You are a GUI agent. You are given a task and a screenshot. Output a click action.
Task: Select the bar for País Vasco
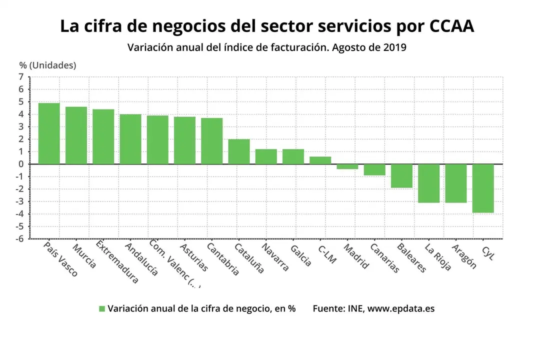coord(49,133)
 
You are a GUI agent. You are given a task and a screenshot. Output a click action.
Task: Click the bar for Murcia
coord(76,135)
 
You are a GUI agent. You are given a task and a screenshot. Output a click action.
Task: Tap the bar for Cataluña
coord(239,151)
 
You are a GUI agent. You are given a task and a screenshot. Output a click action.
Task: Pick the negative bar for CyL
coord(483,188)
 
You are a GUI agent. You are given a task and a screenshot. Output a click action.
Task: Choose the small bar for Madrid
coord(347,166)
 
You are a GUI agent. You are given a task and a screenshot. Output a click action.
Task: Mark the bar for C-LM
coord(320,160)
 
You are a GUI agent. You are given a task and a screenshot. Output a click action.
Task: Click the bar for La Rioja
coord(428,183)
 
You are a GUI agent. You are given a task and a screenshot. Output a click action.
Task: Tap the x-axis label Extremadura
coord(117,262)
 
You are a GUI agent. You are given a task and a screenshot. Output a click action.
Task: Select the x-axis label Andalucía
coord(141,259)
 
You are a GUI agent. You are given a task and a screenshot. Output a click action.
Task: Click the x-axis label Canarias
coord(385,258)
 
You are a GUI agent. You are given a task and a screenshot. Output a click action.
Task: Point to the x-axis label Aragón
coord(464,256)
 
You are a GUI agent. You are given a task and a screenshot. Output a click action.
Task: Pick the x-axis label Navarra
coord(275,257)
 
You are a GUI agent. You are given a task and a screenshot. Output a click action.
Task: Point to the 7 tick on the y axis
coord(21,77)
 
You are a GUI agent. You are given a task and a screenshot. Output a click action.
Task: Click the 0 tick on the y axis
coord(21,164)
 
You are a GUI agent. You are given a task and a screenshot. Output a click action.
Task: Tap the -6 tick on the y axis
coord(19,239)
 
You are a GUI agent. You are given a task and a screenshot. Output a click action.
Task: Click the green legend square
coord(102,309)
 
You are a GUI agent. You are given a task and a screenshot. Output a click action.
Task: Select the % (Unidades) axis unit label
coord(48,65)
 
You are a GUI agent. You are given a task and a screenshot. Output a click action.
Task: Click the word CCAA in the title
coord(451,26)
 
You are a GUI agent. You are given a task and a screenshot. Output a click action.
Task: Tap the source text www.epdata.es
coord(401,308)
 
